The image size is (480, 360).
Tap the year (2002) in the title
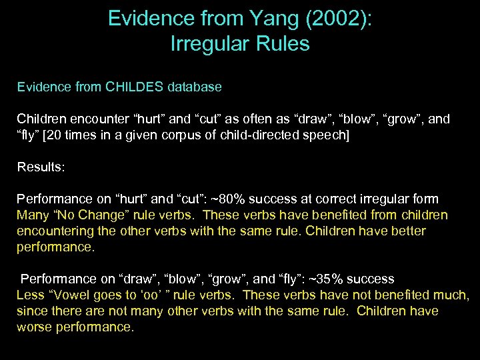pyautogui.click(x=340, y=19)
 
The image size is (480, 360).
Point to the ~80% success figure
pyautogui.click(x=264, y=199)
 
